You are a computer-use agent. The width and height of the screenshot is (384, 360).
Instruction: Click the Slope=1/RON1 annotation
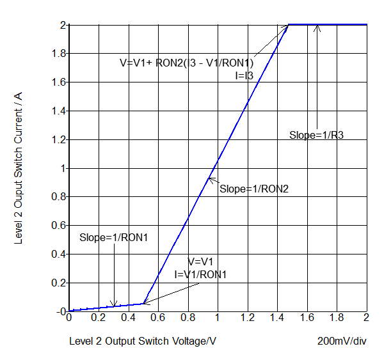point(114,237)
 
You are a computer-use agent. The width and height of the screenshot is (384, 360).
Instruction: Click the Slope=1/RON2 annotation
point(254,189)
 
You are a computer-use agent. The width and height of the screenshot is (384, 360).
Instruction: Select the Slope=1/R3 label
point(317,135)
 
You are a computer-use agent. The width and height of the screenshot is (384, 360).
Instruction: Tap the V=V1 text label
point(200,262)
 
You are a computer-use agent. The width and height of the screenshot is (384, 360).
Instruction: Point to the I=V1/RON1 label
point(200,274)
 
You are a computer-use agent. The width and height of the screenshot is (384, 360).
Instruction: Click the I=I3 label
point(244,75)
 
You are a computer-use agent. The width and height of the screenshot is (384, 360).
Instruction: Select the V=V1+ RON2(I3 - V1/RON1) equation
point(187,63)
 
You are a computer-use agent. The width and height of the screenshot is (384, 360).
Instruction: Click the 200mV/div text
point(342,341)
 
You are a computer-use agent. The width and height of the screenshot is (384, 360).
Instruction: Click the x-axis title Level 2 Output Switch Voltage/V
point(143,341)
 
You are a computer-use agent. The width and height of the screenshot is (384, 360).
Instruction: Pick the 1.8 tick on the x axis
point(337,318)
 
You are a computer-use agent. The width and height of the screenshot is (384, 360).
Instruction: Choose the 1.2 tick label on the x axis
point(247,318)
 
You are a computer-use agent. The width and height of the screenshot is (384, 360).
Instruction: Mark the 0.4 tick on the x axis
point(128,318)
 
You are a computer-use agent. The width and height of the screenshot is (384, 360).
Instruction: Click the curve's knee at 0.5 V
point(143,304)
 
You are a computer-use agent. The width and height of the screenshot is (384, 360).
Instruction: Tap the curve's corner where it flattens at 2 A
point(289,24)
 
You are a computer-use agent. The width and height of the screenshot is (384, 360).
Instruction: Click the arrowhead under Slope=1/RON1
point(114,306)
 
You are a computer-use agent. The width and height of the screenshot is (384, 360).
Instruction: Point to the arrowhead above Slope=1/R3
point(317,27)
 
